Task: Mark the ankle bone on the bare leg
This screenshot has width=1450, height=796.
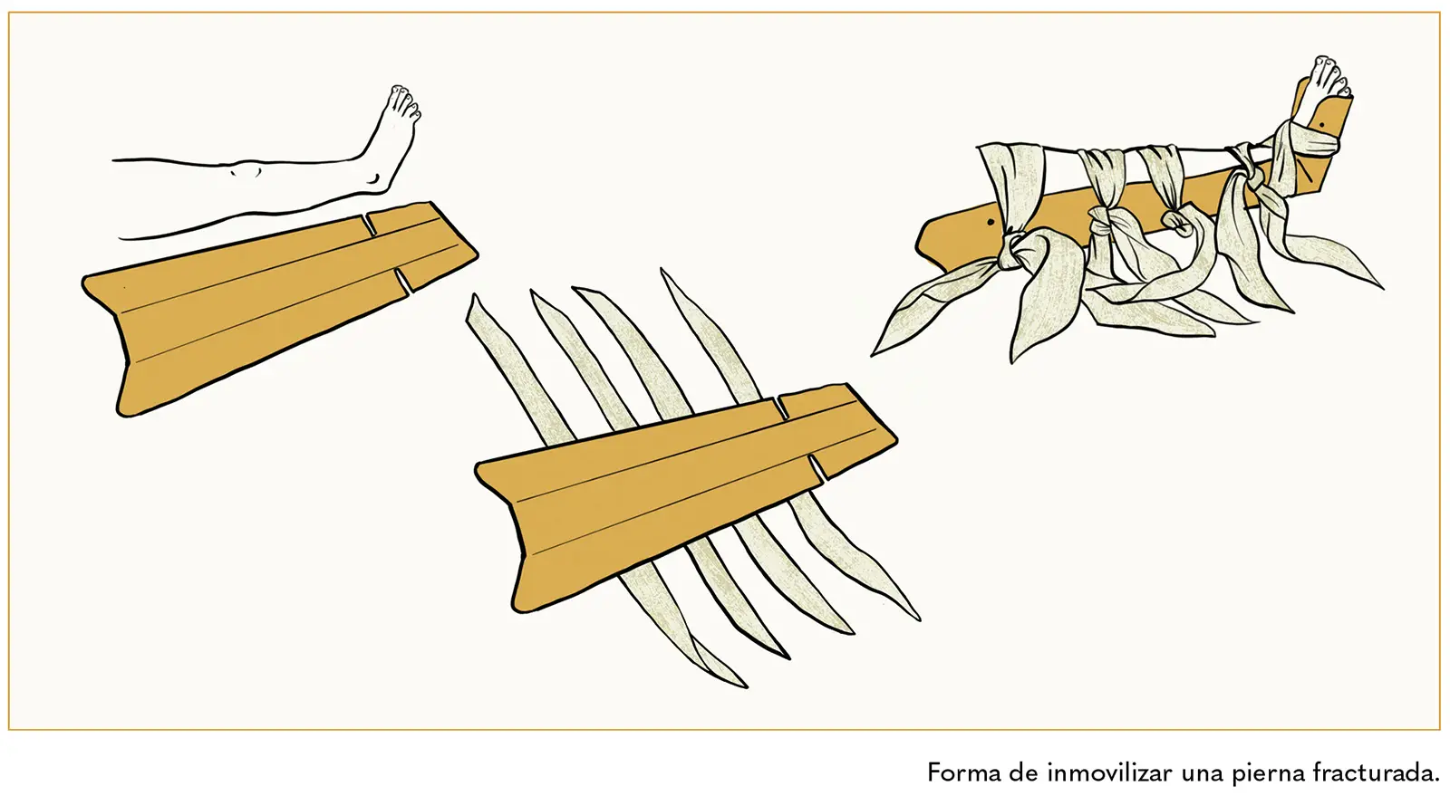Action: [x=373, y=177]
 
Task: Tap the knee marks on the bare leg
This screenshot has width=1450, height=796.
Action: [x=246, y=171]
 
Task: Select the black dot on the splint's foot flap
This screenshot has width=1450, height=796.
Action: [x=1320, y=125]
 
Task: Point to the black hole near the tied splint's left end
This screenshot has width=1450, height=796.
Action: [x=991, y=223]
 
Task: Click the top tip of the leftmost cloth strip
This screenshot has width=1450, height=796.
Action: [x=474, y=295]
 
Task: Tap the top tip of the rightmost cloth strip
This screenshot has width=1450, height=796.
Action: [x=662, y=270]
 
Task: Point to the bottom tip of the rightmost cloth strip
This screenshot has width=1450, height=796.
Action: [x=918, y=619]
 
